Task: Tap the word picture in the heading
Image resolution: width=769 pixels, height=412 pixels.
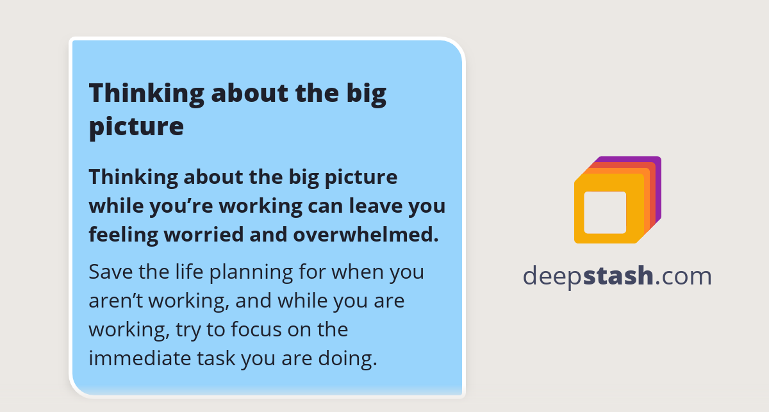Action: [136, 126]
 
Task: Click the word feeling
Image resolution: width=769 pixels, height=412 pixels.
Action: [122, 235]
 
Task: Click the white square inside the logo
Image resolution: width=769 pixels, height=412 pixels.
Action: [605, 212]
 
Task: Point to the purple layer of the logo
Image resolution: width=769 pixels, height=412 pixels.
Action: [657, 186]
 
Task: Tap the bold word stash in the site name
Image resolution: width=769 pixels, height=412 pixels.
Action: [618, 276]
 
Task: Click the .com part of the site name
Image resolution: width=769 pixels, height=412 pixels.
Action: [684, 276]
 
